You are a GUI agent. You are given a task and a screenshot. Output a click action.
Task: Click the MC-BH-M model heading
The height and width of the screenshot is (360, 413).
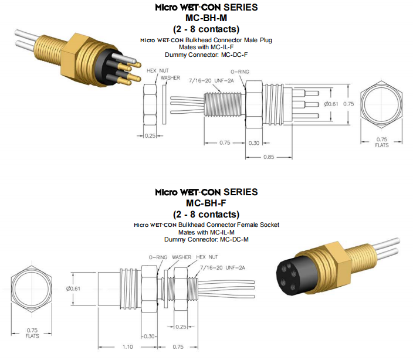click(206, 18)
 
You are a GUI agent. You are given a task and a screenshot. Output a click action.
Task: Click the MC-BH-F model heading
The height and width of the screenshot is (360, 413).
click(206, 203)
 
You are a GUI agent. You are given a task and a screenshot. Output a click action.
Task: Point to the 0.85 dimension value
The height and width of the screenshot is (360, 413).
click(269, 157)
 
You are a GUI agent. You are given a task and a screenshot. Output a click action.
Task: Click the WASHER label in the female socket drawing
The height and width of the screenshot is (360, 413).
click(181, 257)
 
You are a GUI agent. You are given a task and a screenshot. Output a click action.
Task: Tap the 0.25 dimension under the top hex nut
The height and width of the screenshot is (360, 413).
click(150, 135)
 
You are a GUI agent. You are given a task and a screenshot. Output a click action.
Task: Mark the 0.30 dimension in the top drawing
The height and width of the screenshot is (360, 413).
click(255, 142)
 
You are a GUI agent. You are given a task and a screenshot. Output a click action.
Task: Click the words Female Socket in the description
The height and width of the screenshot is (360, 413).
click(256, 225)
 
